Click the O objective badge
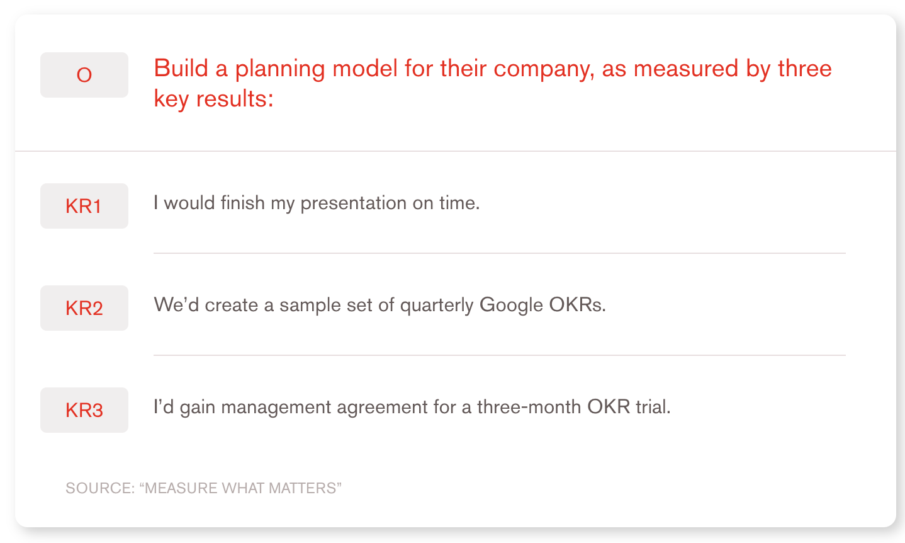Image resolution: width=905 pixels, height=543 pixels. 84,75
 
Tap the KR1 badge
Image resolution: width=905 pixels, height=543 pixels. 84,206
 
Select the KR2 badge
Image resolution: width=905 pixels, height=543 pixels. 84,308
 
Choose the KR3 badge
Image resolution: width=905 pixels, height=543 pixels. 84,410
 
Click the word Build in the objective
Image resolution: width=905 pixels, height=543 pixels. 181,68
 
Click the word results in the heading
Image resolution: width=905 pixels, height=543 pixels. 235,99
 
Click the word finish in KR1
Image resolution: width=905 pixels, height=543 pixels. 242,202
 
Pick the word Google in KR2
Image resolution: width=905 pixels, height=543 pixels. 511,306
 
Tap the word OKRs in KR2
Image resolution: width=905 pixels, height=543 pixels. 577,305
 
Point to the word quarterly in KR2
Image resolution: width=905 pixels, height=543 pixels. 436,306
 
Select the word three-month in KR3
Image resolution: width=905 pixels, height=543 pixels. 529,407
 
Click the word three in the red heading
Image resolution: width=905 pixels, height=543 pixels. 805,68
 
